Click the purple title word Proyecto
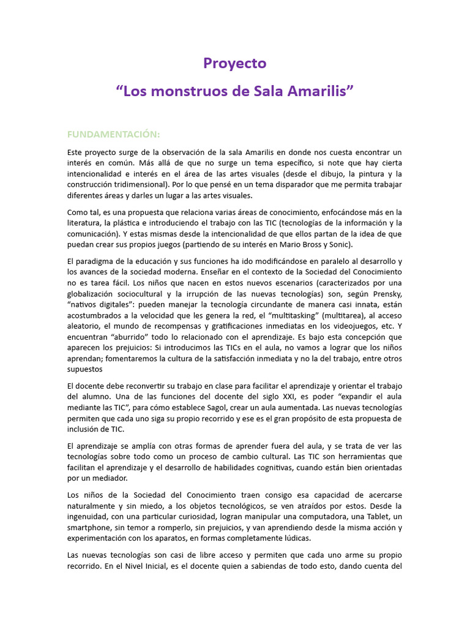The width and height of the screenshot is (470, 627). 235,63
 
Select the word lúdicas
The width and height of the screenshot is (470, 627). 297,539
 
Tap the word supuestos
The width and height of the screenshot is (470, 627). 86,370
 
